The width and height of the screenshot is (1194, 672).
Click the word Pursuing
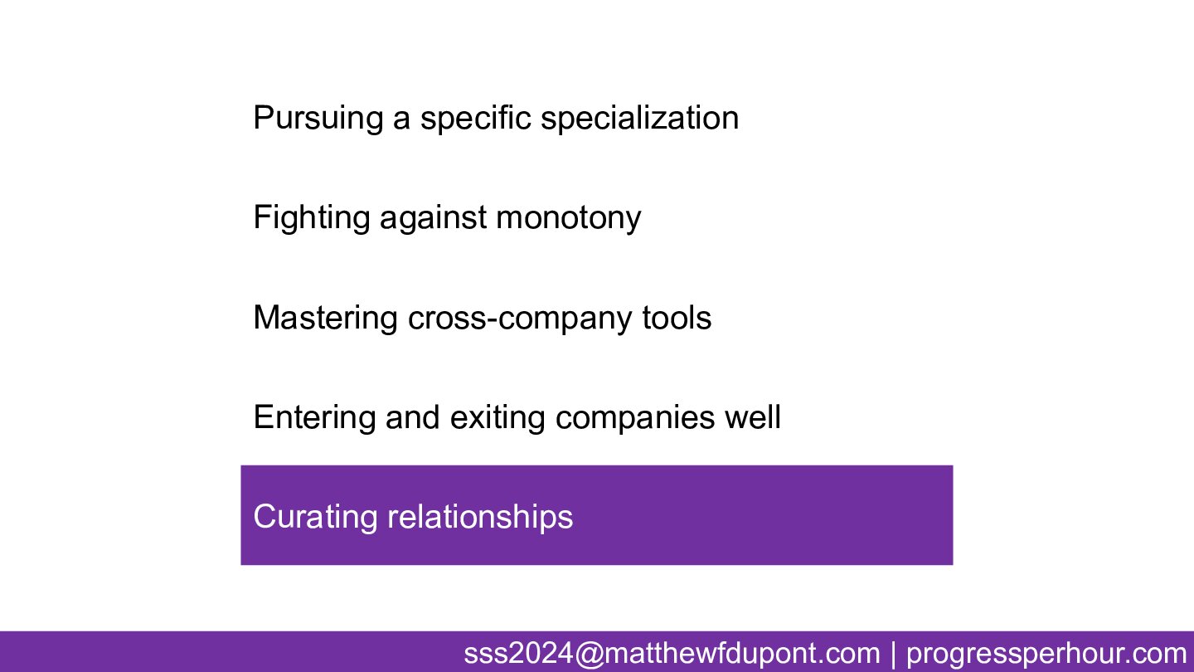coord(318,119)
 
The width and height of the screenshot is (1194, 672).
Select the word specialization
coord(639,119)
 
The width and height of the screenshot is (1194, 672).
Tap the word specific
coord(475,119)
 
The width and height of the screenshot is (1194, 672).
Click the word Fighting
coord(311,218)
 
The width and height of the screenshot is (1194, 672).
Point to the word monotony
coord(569,218)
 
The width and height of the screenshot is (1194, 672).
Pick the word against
coord(433,218)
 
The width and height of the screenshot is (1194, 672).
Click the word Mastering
coord(326,319)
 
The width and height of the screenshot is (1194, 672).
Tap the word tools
coord(677,318)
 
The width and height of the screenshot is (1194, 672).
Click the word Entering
coord(314,417)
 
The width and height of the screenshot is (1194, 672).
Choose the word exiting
coord(498,417)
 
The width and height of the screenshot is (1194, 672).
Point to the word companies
coord(635,417)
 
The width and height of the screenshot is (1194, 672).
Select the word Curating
coord(315,518)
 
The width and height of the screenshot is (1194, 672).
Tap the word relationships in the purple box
coord(480,518)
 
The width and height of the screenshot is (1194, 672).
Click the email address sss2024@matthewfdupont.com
coord(672,654)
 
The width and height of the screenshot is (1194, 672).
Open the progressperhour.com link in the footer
coord(1047,654)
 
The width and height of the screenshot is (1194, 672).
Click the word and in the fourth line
coord(413,417)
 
